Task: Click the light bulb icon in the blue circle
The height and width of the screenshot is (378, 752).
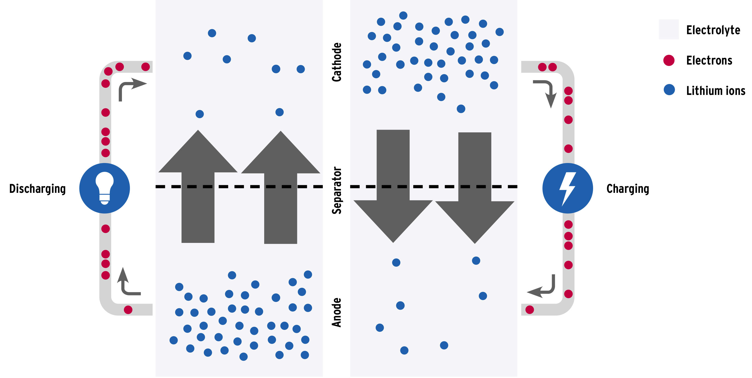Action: point(104,188)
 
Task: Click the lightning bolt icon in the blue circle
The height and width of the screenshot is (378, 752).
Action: point(568,188)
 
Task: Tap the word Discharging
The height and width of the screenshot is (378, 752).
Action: point(38,189)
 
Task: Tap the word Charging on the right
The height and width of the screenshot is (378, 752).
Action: point(628,189)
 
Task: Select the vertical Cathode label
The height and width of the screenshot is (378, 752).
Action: point(337,62)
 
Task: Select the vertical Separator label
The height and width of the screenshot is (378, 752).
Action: point(337,190)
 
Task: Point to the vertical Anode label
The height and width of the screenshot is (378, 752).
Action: point(337,312)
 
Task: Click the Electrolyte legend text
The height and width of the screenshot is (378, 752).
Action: point(713,30)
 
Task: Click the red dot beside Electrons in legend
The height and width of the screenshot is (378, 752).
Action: point(669,60)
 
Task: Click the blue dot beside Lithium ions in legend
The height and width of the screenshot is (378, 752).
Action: point(669,90)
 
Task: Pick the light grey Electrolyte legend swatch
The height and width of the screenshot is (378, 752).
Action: point(668,30)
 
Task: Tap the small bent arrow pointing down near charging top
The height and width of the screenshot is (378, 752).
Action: point(547,92)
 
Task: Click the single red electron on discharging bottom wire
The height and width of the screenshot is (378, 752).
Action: point(128,310)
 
